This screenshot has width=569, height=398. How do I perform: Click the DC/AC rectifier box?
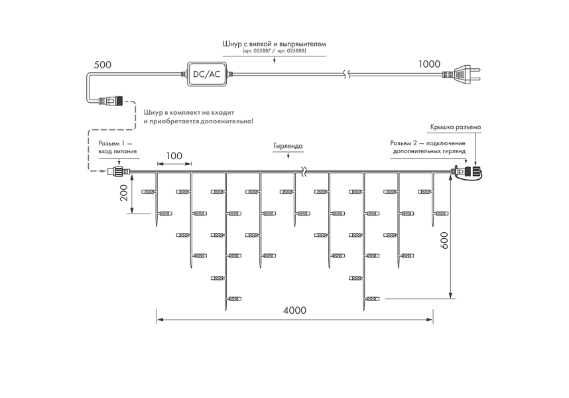[206, 74]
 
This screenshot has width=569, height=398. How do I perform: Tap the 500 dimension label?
[102, 65]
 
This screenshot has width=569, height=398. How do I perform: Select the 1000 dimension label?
[429, 64]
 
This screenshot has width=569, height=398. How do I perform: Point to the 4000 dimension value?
[294, 310]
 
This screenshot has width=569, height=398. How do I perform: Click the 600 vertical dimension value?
[444, 240]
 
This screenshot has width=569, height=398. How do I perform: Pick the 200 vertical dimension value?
[124, 193]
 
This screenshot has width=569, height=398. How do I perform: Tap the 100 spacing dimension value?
[174, 156]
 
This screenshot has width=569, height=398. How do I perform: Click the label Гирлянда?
[288, 146]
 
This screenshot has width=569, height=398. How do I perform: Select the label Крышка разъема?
[456, 127]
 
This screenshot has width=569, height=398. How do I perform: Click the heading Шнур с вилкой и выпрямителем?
[275, 44]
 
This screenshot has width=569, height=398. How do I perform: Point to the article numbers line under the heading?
[275, 51]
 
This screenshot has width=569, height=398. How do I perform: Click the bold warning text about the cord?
[198, 117]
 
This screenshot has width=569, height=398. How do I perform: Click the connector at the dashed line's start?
[111, 101]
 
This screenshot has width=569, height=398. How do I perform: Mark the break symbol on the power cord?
[348, 74]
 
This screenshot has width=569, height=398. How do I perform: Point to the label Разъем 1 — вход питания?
[117, 147]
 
